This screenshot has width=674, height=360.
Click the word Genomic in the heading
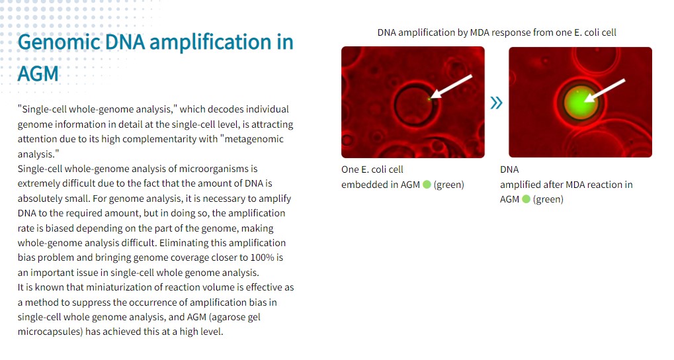point(58,42)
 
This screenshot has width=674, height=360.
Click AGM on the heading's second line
point(38,73)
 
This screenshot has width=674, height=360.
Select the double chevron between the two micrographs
point(496,103)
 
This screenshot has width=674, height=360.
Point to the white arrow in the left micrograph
point(451,87)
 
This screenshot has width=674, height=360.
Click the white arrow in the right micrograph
point(605,90)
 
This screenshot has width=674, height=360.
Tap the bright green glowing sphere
point(580,103)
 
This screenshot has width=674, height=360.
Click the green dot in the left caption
point(427,185)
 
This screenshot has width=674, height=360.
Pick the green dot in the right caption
point(526,199)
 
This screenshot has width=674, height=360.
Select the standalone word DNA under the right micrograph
point(509,169)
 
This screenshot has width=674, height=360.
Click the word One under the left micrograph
point(350,169)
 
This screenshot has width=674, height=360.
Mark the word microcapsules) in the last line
point(50,332)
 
